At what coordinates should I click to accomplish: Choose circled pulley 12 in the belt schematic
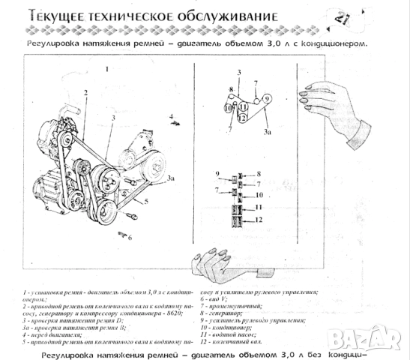point(243,117)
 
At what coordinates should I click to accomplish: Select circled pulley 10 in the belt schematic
point(229,108)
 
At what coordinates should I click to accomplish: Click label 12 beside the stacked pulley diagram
point(258,220)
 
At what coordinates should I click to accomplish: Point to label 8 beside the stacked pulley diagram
point(257,174)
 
